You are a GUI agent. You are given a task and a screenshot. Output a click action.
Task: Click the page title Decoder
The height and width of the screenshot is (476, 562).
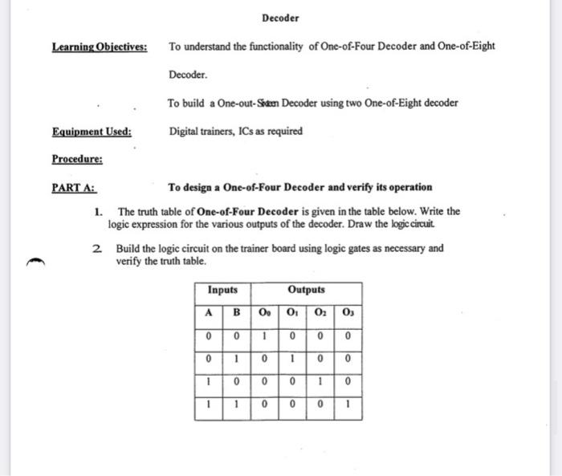tap(280, 18)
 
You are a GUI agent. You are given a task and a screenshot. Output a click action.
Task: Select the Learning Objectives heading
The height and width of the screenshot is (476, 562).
tap(100, 47)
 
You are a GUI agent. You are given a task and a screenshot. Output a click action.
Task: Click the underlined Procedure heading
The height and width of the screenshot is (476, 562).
tap(77, 159)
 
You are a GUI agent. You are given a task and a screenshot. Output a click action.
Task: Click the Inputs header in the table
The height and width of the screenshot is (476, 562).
tap(222, 290)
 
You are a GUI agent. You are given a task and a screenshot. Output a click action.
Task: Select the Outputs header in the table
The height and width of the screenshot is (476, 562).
tap(306, 290)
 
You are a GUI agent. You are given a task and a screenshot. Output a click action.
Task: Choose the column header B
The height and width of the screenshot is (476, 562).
tap(236, 312)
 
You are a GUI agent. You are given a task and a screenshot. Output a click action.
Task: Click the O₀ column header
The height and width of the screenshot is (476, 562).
tap(264, 312)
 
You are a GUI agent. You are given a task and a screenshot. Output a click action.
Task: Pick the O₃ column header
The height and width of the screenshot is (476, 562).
tap(347, 312)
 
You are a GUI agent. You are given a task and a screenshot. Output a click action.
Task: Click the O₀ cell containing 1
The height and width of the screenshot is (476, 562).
tap(264, 335)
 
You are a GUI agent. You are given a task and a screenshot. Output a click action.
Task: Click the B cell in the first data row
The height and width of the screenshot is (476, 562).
tap(236, 335)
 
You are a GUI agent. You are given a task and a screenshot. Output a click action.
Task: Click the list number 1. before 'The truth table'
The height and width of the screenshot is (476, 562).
tap(97, 212)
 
